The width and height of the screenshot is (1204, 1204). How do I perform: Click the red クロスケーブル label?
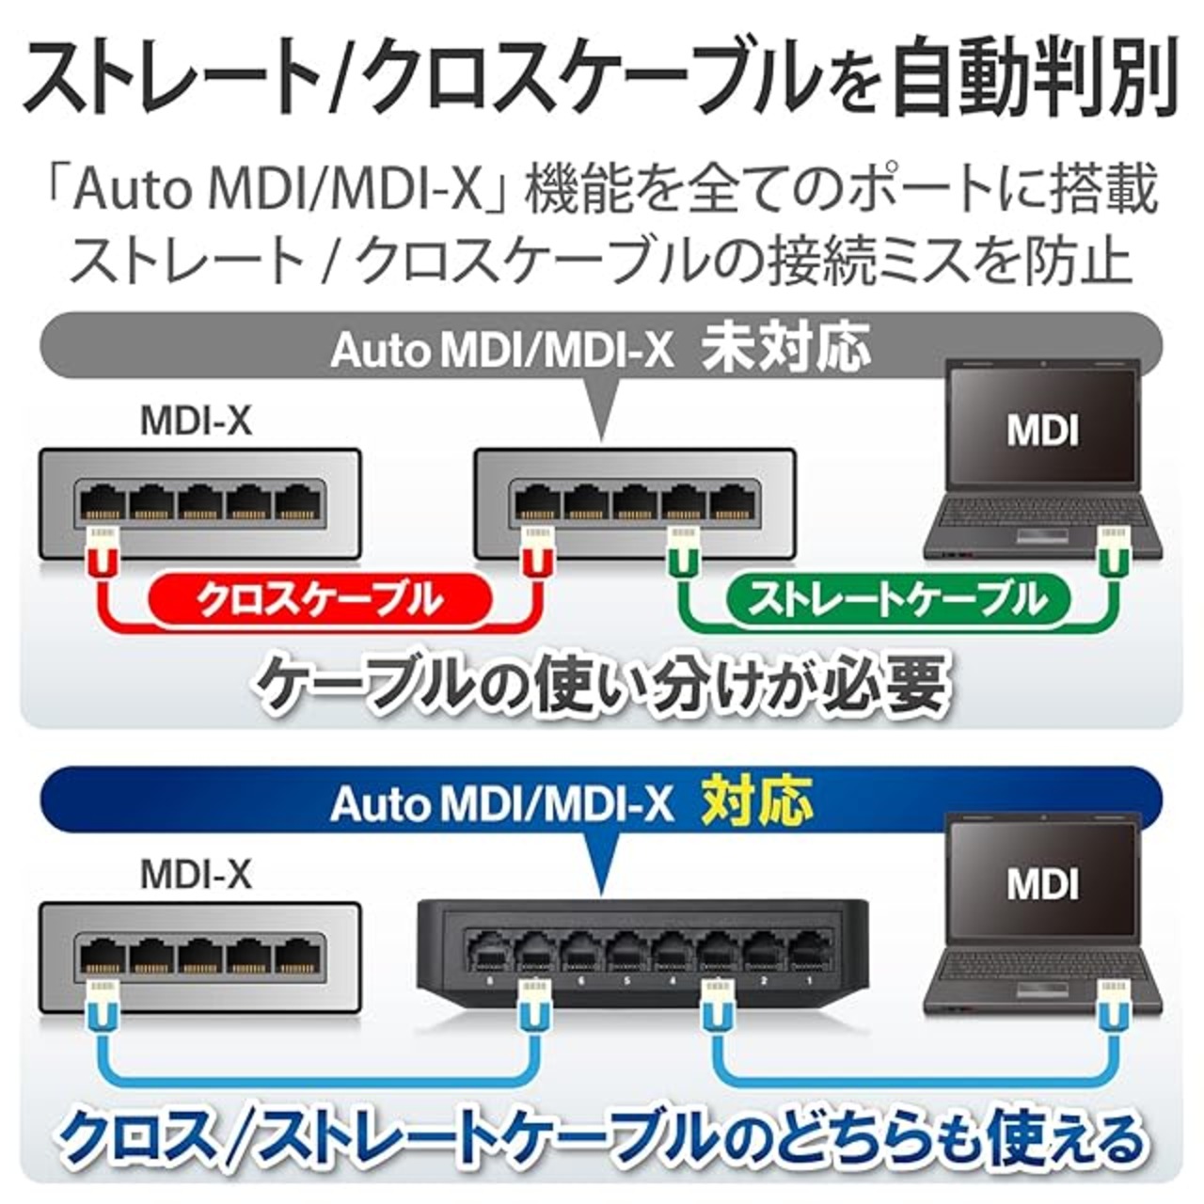point(320,599)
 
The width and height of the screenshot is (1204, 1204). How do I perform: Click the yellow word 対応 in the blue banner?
point(757,802)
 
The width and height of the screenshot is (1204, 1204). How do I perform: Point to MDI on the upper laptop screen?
point(1042,431)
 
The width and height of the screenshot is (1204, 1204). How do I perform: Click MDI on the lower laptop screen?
point(1042,883)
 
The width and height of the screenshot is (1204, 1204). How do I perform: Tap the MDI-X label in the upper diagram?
point(196,421)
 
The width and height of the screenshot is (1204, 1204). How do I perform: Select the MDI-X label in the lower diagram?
point(196,875)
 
